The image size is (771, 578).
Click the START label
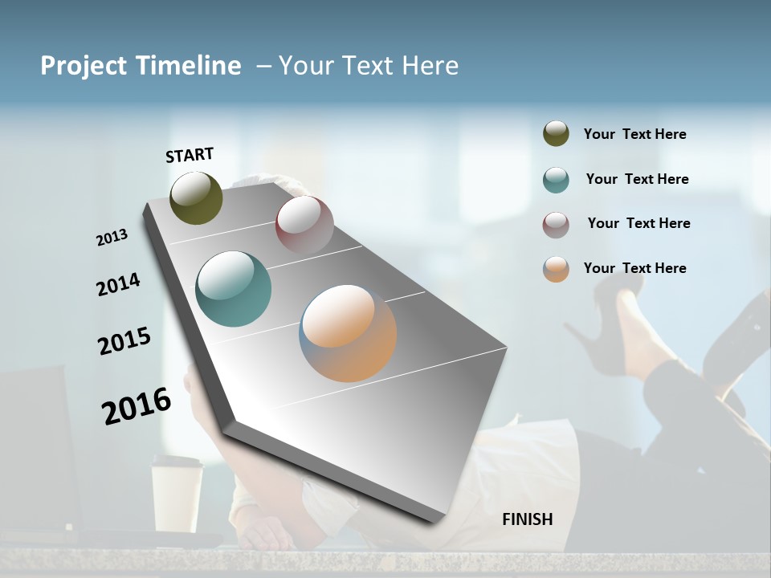[x=190, y=155]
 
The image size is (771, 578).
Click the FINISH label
[x=527, y=519]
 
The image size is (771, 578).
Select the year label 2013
[x=112, y=237]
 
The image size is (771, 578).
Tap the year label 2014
[x=118, y=284]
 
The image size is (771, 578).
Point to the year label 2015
[x=124, y=341]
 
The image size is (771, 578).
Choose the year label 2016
[x=137, y=405]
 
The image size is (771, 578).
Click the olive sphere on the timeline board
[x=196, y=197]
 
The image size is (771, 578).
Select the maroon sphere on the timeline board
[x=304, y=224]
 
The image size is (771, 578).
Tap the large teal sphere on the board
[x=234, y=289]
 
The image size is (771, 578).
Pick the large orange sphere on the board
[x=348, y=333]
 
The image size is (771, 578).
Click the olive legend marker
[x=556, y=133]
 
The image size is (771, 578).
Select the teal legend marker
[x=556, y=180]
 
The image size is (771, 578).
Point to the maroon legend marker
[x=556, y=225]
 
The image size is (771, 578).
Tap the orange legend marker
[x=556, y=270]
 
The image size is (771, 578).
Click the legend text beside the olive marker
[x=634, y=134]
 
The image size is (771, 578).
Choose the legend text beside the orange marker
[x=634, y=268]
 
